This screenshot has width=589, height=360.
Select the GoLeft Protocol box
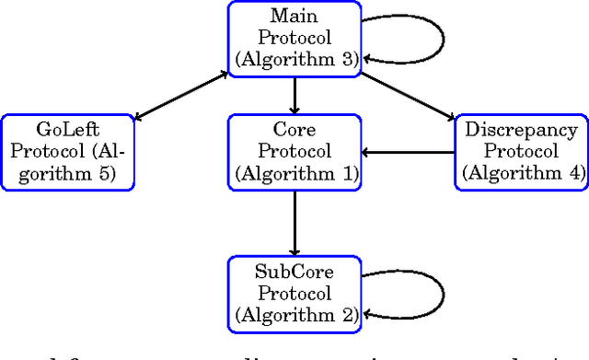(67, 152)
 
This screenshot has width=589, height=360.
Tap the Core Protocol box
(294, 152)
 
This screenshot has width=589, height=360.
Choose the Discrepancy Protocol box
(522, 152)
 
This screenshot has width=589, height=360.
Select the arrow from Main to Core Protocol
(294, 95)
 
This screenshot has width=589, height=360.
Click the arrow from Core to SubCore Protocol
(294, 222)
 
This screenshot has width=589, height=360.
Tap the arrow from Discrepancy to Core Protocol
(408, 152)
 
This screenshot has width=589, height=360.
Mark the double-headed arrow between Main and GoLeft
(181, 95)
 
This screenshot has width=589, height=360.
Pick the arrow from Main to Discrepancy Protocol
(408, 95)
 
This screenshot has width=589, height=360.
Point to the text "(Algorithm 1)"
(294, 172)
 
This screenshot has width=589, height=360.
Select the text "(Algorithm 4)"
(522, 172)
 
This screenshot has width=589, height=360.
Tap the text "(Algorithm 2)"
(294, 314)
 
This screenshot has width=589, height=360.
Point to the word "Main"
(294, 17)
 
